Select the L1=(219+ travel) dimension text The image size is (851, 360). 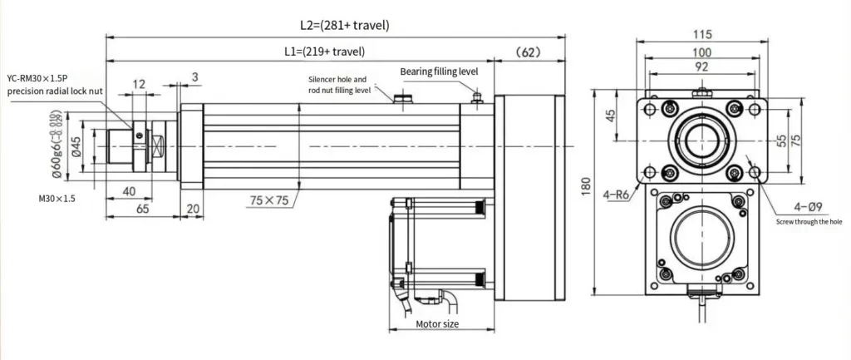(324, 52)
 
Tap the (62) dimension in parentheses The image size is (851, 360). (529, 52)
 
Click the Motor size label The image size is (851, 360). (436, 323)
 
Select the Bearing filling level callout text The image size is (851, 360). (440, 72)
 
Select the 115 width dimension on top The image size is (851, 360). (701, 35)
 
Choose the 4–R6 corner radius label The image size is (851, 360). (617, 195)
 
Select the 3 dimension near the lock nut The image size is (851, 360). (194, 76)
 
